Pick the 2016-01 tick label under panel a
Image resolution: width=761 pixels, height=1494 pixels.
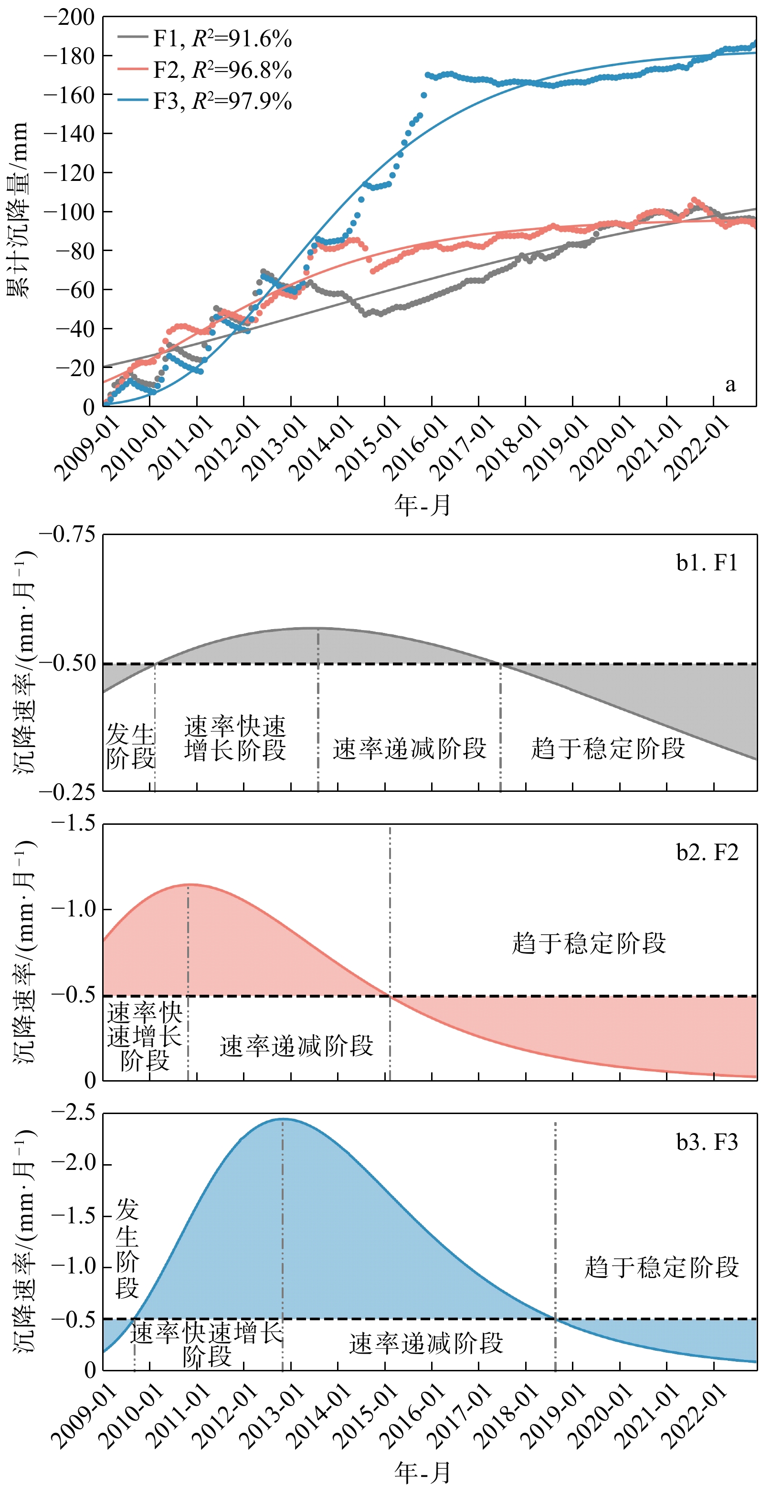[415, 447]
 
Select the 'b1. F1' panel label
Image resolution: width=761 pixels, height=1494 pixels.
[707, 563]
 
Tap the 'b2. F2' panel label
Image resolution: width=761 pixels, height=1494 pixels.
[707, 852]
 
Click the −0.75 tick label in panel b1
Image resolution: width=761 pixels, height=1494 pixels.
[67, 534]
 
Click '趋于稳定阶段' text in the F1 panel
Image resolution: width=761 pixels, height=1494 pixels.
[608, 749]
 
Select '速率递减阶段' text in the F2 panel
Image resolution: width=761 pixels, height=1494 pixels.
[296, 1046]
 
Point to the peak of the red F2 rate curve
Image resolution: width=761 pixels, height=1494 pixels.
[189, 884]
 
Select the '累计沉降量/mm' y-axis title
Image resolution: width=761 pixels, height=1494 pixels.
[18, 210]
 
